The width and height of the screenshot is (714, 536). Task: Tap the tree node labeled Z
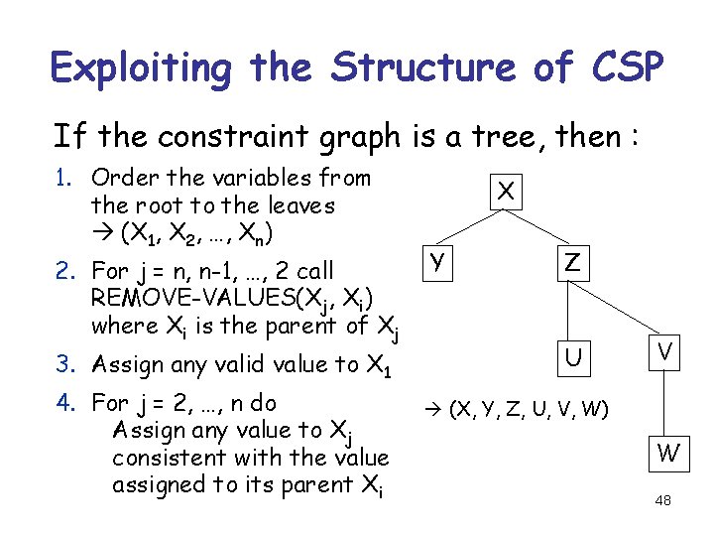click(x=572, y=263)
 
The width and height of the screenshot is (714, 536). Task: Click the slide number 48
click(x=663, y=501)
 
